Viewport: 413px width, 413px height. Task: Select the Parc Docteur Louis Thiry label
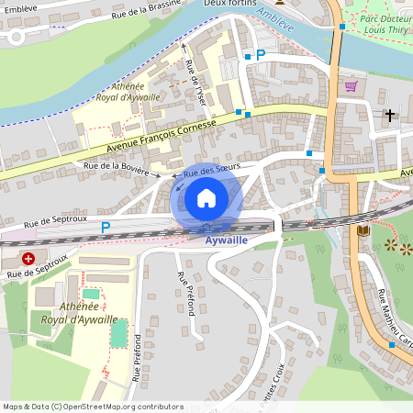click(385, 24)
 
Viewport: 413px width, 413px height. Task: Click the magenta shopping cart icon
click(351, 86)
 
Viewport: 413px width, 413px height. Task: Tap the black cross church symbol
click(390, 116)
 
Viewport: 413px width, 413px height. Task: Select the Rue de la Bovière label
click(117, 165)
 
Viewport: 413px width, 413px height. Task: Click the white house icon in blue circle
click(206, 197)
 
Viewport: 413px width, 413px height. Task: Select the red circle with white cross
click(29, 259)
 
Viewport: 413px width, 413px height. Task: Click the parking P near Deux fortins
click(260, 56)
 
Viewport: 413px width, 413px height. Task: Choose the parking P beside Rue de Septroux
click(106, 227)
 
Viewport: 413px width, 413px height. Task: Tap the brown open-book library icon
click(363, 229)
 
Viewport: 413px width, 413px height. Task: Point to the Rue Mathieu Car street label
click(393, 320)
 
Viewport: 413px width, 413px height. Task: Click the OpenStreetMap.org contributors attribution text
click(119, 407)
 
